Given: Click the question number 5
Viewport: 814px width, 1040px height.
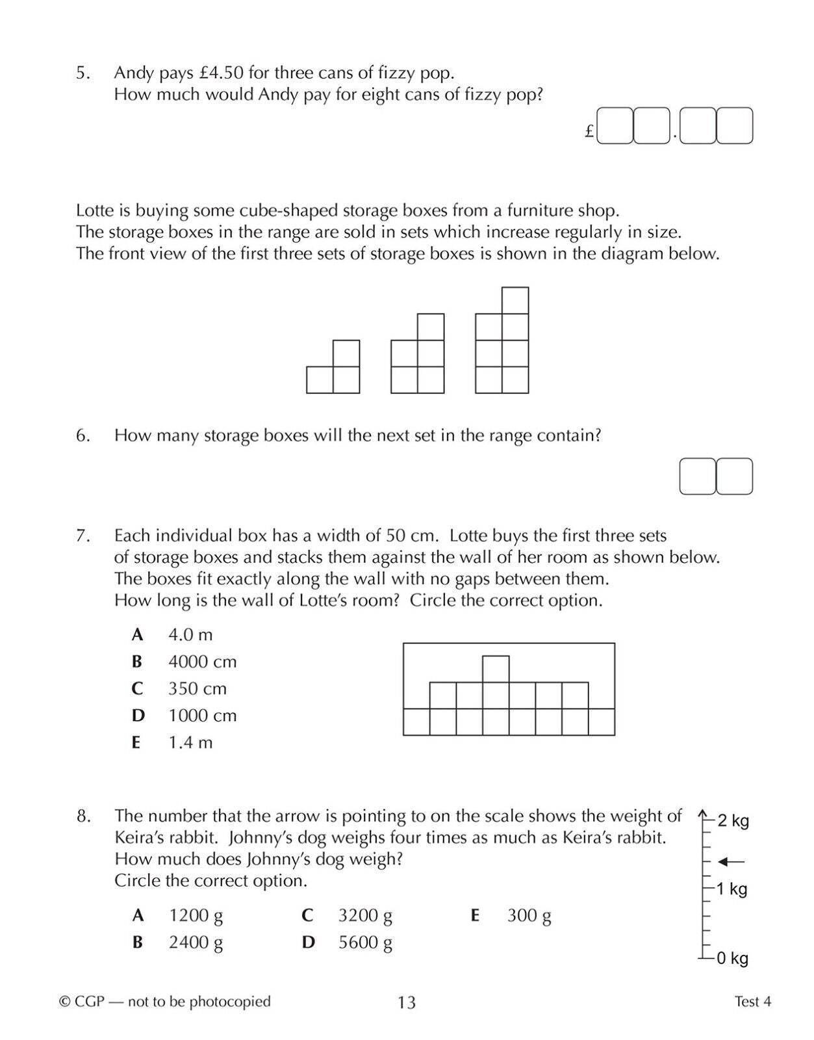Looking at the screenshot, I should click(83, 73).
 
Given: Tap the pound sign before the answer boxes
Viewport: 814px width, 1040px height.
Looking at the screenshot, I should click(589, 131).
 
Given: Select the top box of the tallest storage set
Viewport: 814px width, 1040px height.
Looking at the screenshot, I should click(515, 300).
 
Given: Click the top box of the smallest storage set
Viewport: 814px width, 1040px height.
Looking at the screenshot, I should click(346, 354).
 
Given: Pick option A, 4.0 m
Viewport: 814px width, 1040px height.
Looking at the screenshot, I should click(190, 634).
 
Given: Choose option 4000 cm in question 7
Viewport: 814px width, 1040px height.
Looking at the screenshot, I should click(202, 662).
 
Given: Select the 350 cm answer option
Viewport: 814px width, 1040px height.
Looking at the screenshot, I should click(197, 688).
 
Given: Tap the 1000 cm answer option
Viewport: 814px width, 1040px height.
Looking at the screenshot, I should click(202, 716).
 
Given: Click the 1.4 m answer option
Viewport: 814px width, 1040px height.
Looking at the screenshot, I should click(190, 742).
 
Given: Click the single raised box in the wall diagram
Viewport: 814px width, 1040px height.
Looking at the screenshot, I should click(496, 669).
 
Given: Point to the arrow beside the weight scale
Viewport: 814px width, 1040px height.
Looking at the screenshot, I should click(731, 862).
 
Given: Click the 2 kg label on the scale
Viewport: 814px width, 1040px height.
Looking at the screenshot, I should click(733, 821).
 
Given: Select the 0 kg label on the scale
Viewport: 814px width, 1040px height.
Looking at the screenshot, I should click(732, 958).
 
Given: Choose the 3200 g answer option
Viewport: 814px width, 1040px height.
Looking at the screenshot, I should click(364, 916).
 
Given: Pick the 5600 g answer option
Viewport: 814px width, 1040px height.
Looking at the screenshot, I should click(364, 942).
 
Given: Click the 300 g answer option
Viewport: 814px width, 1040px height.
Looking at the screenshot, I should click(529, 916).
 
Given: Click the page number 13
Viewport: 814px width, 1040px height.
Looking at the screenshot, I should click(407, 1002).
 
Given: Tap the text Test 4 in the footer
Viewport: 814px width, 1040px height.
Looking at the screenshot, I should click(753, 1002).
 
